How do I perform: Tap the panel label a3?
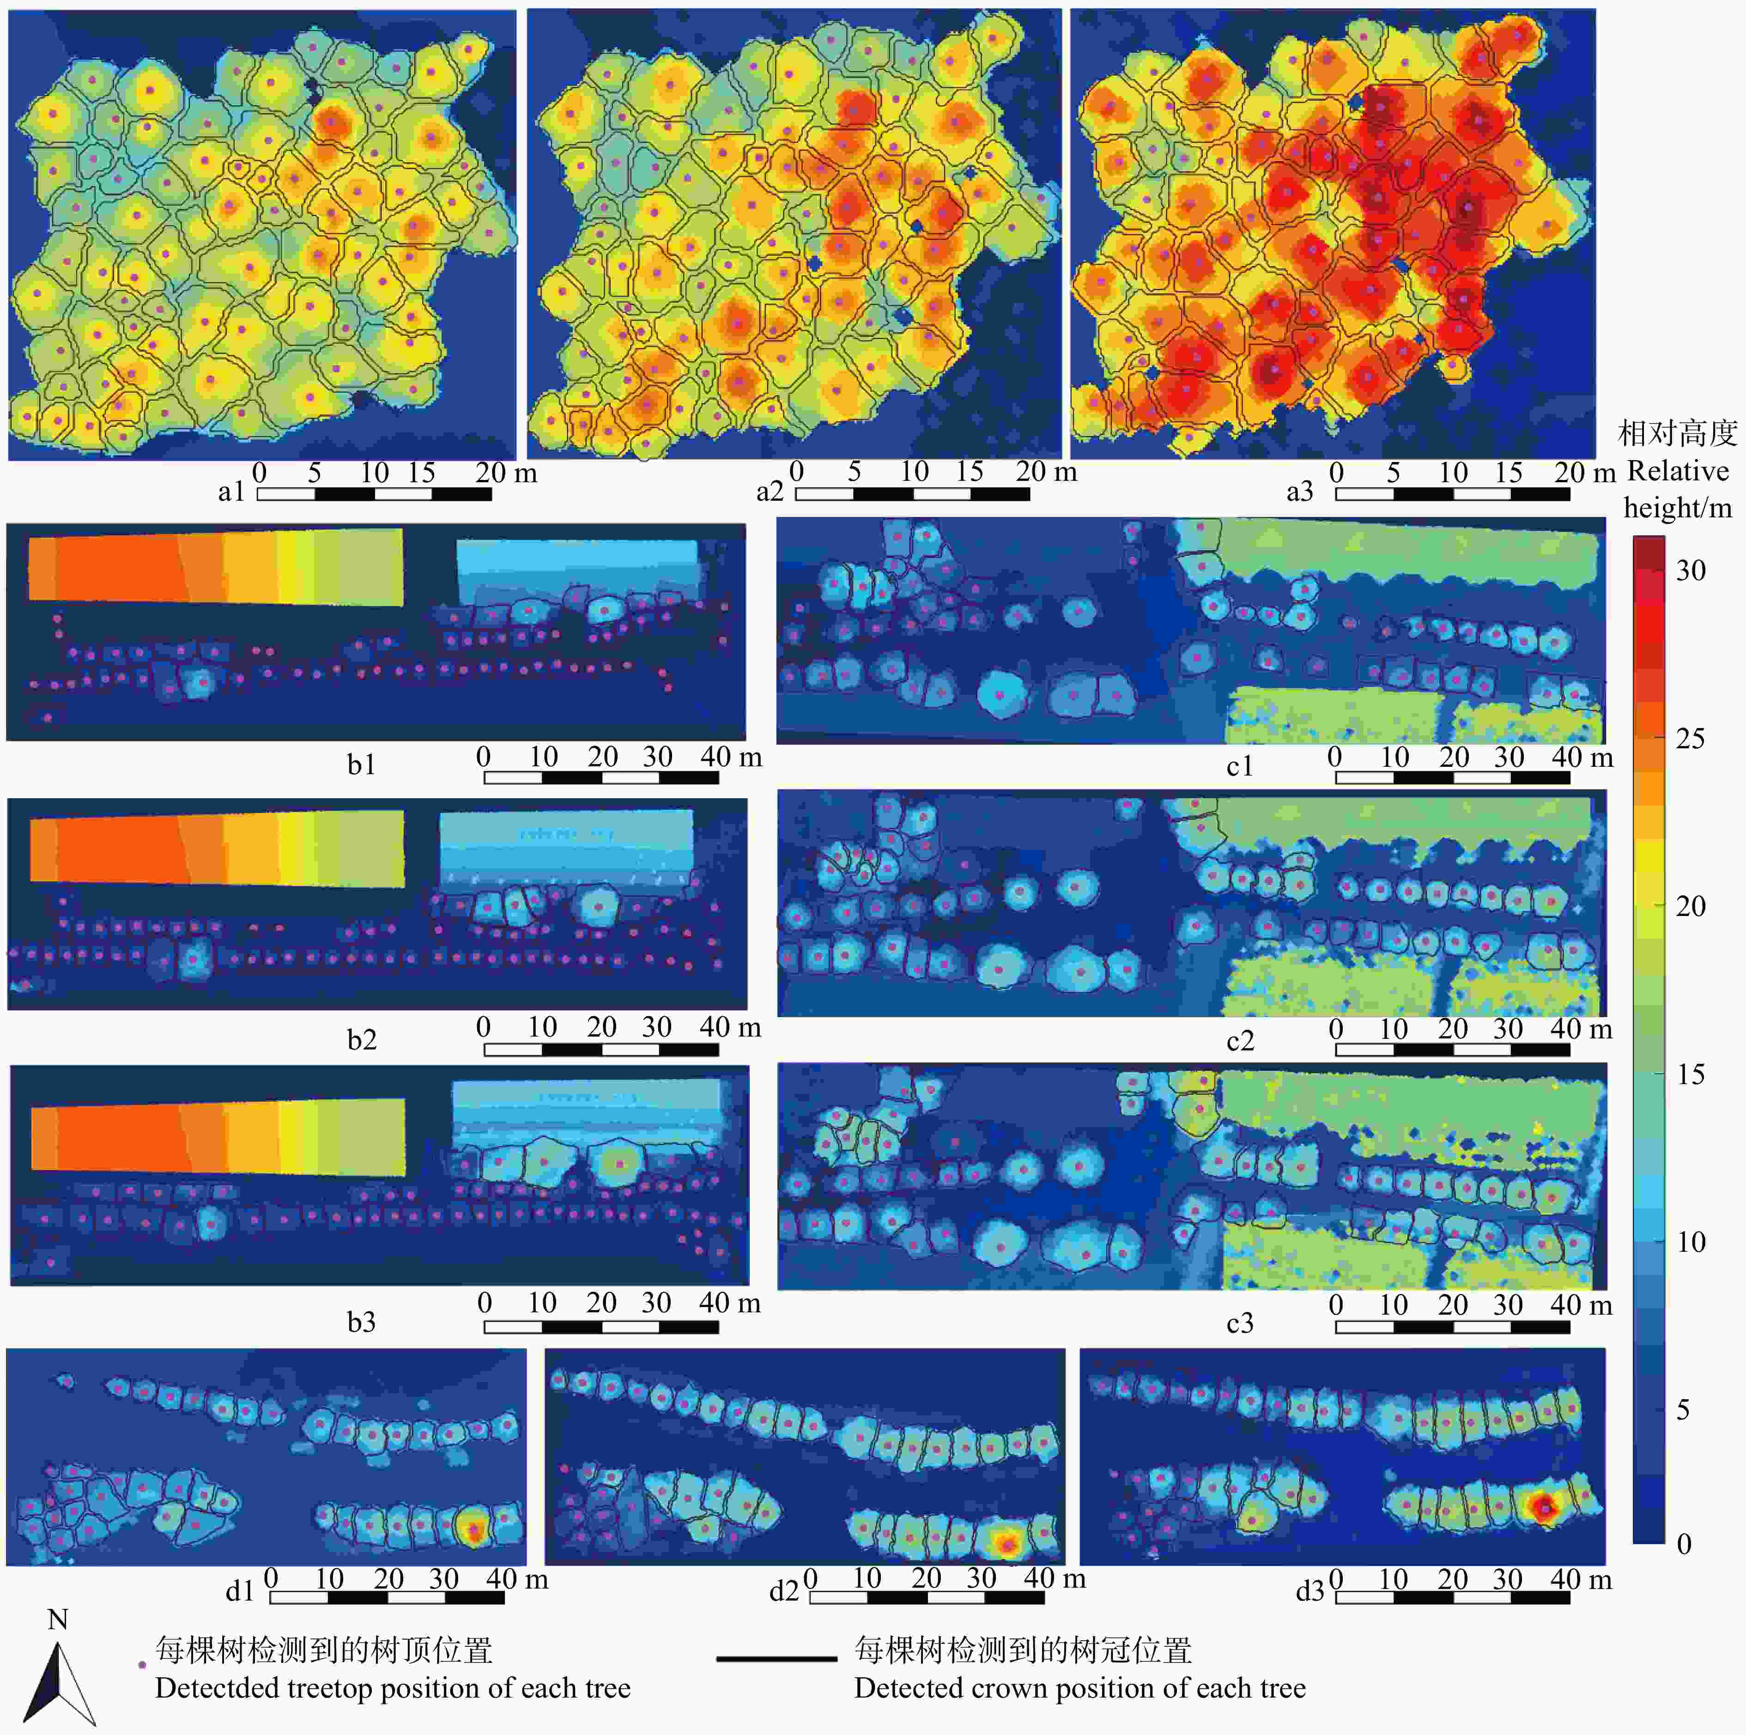(1299, 491)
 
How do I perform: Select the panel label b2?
(362, 1039)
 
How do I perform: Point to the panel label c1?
(1240, 766)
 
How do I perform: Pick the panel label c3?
(1240, 1323)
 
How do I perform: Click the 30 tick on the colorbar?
(1690, 570)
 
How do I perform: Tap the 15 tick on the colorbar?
(1690, 1074)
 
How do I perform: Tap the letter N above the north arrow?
(58, 1620)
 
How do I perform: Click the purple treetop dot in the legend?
(141, 1664)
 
